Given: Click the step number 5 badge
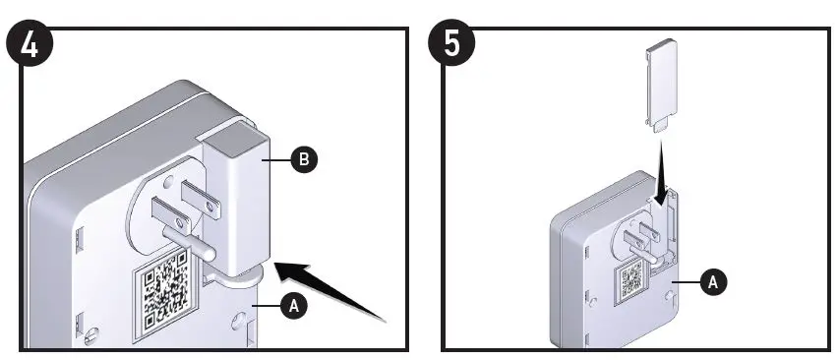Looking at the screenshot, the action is (451, 43).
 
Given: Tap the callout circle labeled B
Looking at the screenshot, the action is (304, 159).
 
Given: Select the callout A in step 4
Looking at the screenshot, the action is (294, 307).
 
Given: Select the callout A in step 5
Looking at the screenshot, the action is (713, 281).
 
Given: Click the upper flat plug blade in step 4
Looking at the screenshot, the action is (201, 200).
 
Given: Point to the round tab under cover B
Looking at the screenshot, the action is (240, 272).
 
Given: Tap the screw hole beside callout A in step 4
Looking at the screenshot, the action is (239, 322).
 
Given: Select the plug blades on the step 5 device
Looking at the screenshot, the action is (641, 236).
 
